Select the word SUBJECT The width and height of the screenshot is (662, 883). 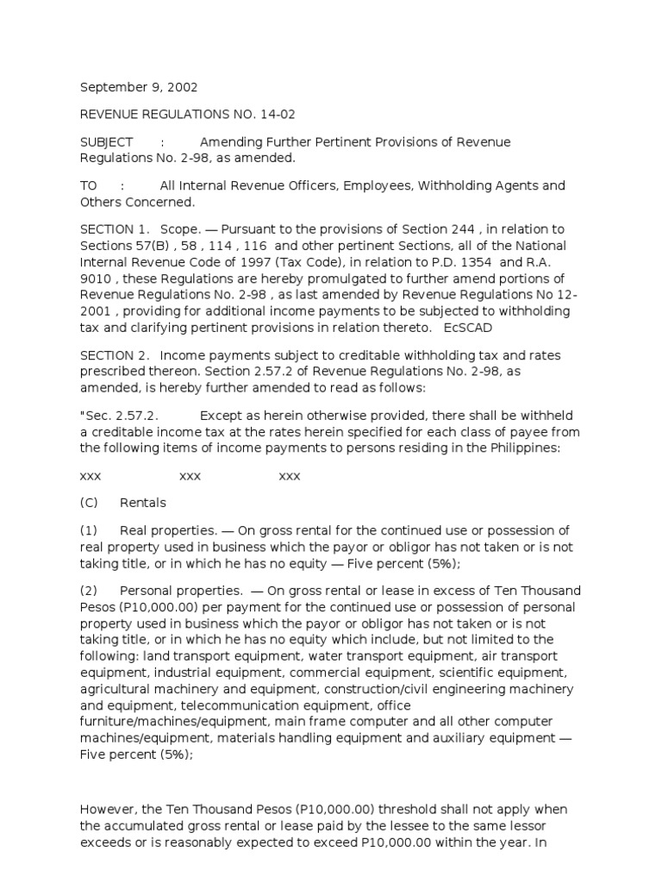point(107,142)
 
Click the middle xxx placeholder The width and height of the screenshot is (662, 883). point(190,476)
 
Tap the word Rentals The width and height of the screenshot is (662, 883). point(143,503)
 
